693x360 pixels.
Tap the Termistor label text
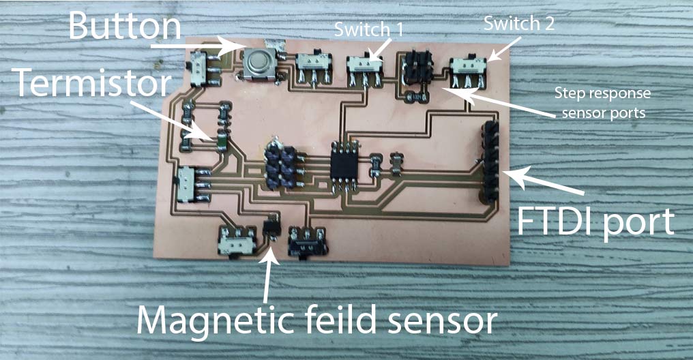[90, 85]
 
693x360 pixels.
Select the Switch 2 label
[519, 24]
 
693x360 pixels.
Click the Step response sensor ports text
[602, 103]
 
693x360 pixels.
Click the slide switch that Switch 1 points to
[364, 68]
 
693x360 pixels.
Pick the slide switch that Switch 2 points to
[469, 70]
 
